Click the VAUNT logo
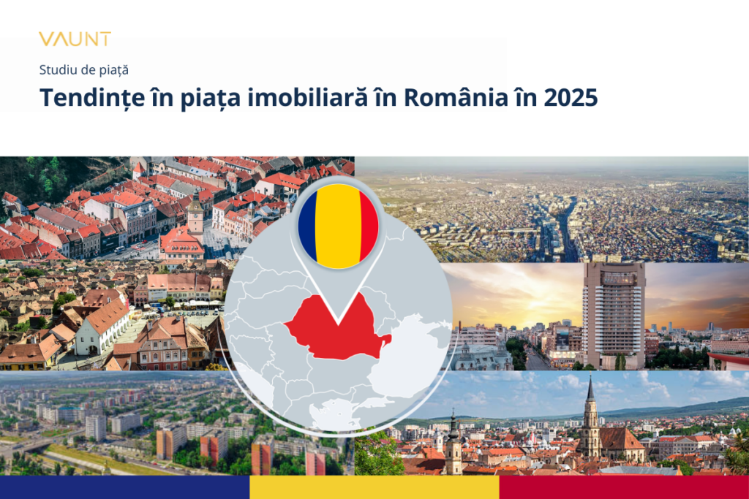point(75,39)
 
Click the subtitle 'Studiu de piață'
point(83,70)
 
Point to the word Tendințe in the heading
point(92,98)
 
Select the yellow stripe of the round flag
point(338,226)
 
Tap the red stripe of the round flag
point(369,226)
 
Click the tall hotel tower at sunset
point(614,315)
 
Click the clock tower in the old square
point(195,214)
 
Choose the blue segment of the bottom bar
point(124,487)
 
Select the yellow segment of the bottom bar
point(374,487)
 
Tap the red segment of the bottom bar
point(625,487)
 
